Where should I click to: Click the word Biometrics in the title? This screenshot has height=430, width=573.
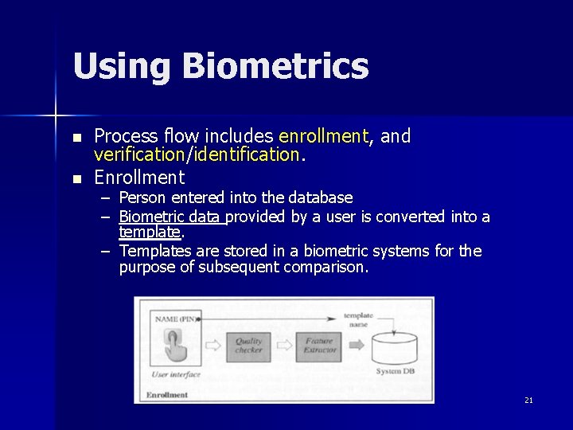[x=275, y=66]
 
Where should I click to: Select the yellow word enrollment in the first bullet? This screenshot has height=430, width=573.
[x=324, y=136]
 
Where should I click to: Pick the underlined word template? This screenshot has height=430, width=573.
[x=150, y=232]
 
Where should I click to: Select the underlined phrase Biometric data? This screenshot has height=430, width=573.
[x=170, y=217]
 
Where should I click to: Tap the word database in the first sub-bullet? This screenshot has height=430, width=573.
[x=320, y=197]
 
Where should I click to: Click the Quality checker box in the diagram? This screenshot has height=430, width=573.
[x=248, y=346]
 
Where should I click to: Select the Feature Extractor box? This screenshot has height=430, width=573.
[x=319, y=346]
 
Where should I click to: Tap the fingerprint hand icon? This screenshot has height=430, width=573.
[x=173, y=345]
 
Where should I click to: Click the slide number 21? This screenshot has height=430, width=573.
[x=528, y=400]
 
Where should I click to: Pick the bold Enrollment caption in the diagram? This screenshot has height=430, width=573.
[x=167, y=394]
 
